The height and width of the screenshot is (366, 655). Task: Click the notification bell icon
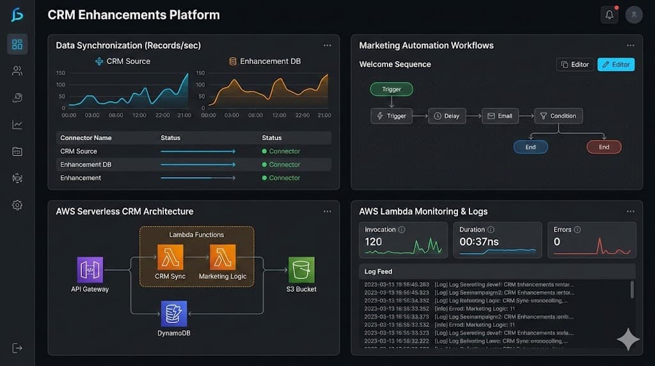[x=610, y=15]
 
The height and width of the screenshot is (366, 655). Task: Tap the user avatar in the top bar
[x=634, y=15]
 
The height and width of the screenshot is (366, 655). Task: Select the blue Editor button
[x=615, y=65]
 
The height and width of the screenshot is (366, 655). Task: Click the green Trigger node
[x=391, y=90]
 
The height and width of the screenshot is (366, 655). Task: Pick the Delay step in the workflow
[x=446, y=116]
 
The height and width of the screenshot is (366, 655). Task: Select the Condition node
[x=558, y=116]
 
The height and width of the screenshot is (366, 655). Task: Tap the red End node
[x=604, y=147]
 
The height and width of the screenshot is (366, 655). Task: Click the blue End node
[x=530, y=147]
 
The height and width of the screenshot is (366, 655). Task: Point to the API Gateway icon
[x=90, y=269]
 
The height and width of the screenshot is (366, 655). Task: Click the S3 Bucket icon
[x=301, y=269]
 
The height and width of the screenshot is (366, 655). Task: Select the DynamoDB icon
[x=173, y=314]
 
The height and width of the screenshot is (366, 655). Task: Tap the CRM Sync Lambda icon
[x=170, y=257]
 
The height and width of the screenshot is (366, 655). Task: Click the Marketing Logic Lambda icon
[x=222, y=257]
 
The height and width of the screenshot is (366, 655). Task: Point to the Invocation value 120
[x=374, y=242]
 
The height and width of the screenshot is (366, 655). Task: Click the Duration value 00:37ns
[x=479, y=242]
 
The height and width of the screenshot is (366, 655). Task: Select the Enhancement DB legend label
[x=270, y=61]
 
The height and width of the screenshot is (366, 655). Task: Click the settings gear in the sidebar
[x=17, y=205]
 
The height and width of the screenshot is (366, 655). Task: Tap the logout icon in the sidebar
[x=17, y=347]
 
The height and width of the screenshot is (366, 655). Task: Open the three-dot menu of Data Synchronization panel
[x=327, y=45]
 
